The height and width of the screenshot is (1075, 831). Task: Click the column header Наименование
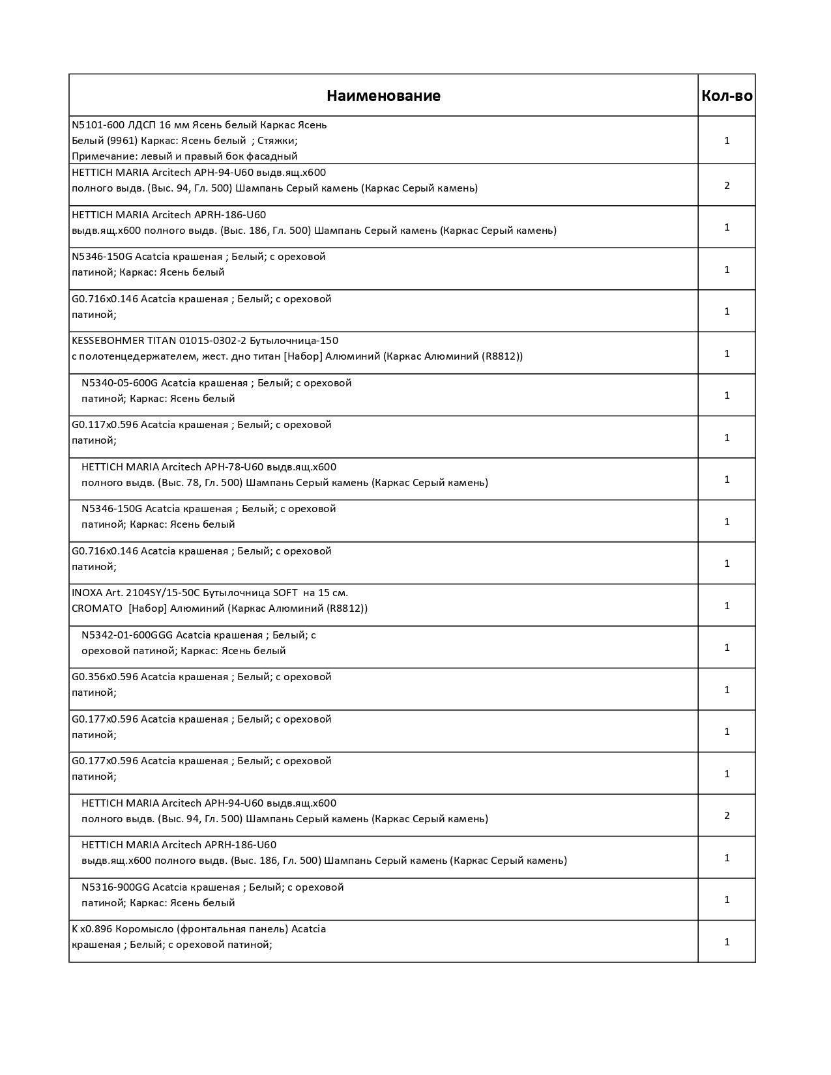coord(383,96)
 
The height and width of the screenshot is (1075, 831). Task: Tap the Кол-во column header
coord(727,96)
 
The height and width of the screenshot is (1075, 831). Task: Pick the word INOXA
coord(87,593)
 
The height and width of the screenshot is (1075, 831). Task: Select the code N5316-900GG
coord(115,887)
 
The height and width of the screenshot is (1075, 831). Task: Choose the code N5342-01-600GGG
coord(127,635)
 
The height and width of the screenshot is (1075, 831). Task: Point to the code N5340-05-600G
coord(119,383)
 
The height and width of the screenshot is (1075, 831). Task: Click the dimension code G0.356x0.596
coord(105,677)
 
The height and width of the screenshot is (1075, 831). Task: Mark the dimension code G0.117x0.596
coord(105,425)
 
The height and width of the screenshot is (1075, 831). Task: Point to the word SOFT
coord(283,593)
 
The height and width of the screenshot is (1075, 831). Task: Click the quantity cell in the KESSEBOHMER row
coord(727,354)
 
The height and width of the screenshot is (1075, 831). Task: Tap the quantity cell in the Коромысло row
coord(727,942)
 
